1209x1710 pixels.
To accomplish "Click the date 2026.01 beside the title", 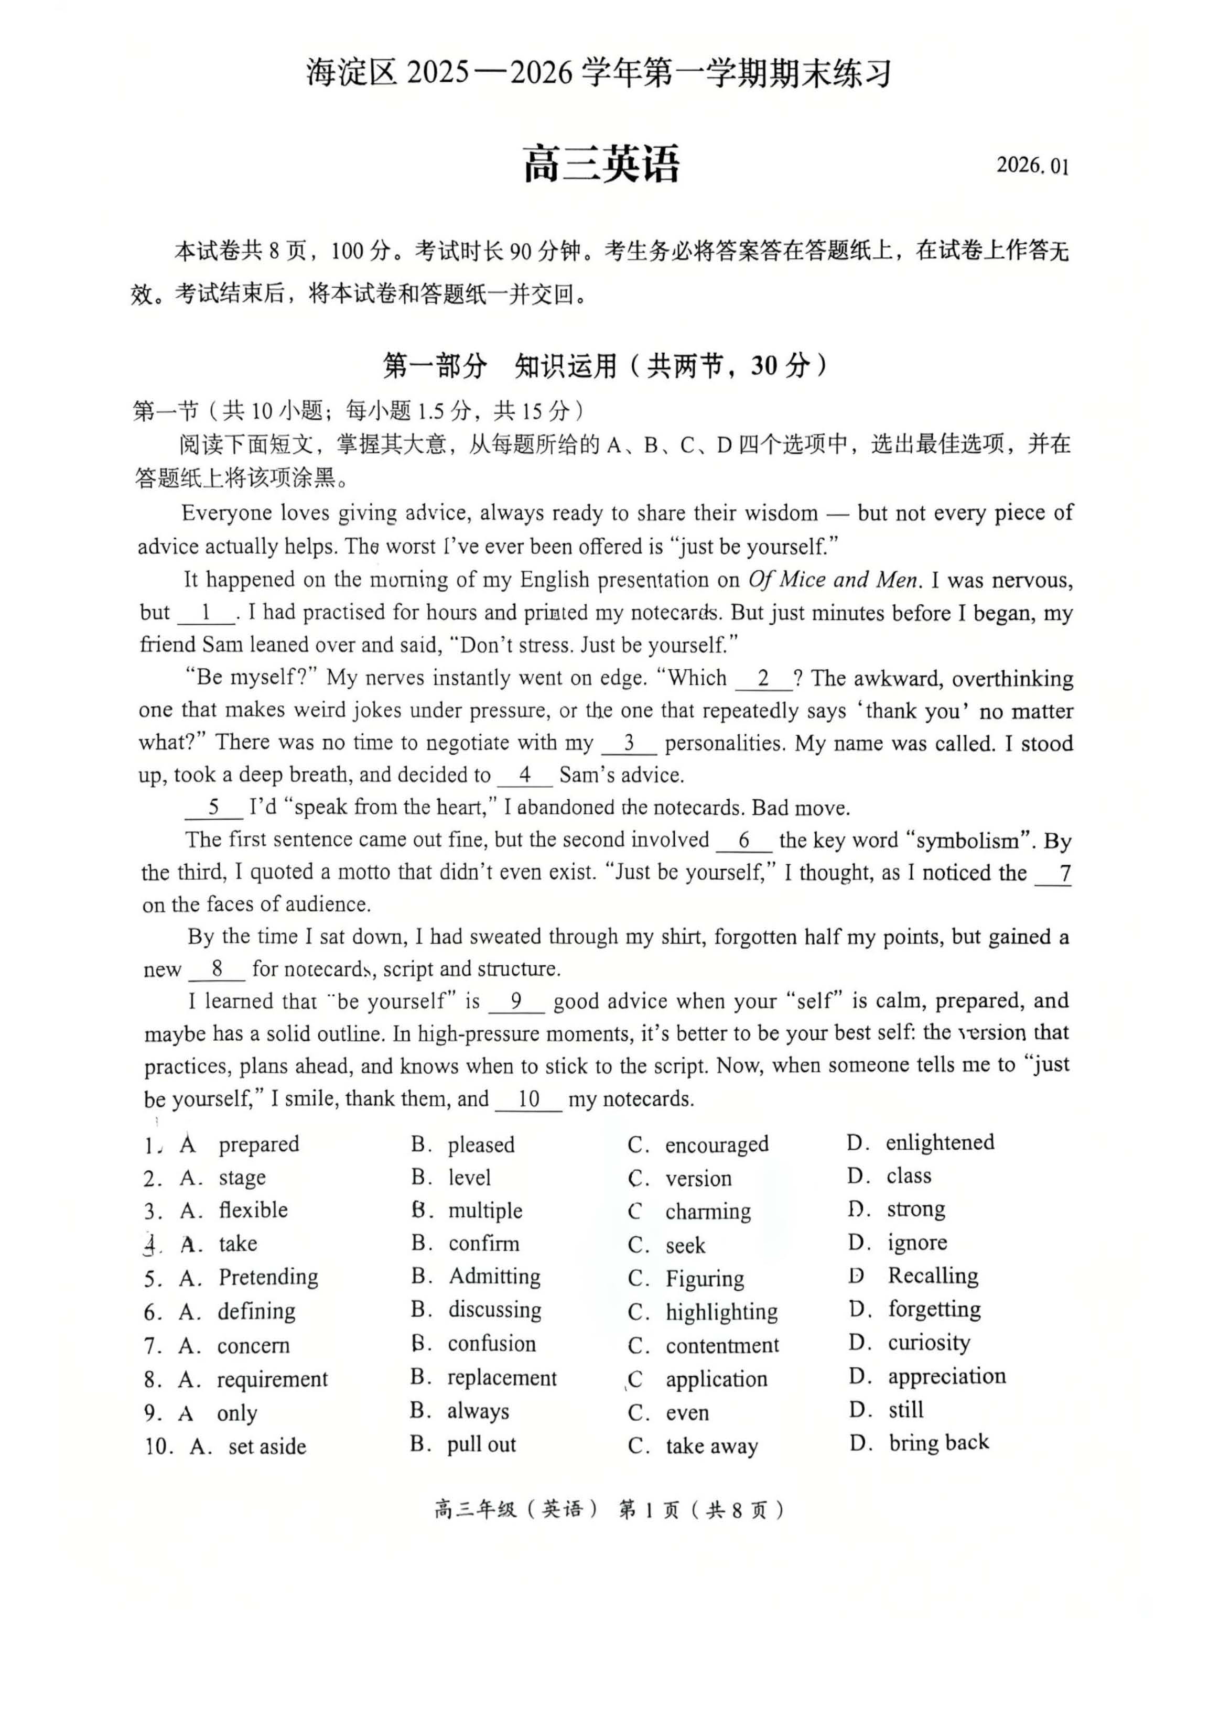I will point(1032,165).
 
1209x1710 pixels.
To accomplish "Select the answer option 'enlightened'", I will point(940,1142).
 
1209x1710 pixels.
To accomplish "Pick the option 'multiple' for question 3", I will point(485,1211).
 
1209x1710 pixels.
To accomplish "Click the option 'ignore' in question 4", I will point(917,1243).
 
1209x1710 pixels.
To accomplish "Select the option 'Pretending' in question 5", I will point(268,1277).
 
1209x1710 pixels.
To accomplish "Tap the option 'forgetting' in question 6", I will point(934,1309).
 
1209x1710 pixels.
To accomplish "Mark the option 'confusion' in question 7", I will point(492,1344).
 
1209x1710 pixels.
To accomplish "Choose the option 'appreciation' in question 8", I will point(946,1376).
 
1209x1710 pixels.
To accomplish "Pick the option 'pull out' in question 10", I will point(481,1445).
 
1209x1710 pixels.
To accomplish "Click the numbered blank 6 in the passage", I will point(743,840).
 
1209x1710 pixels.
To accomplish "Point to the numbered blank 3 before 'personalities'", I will point(629,743).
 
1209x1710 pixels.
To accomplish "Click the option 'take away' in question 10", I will point(711,1445).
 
